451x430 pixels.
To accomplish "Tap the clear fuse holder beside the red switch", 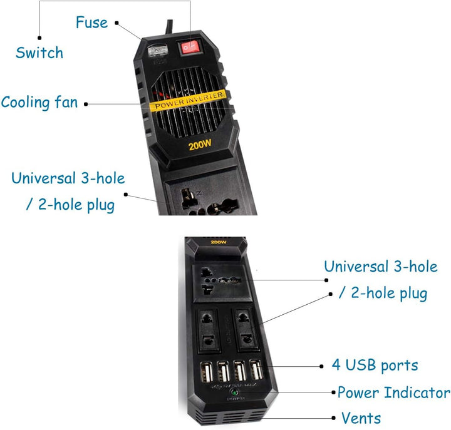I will [x=158, y=53].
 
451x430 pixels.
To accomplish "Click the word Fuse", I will [x=91, y=23].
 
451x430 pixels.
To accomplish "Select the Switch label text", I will [x=39, y=53].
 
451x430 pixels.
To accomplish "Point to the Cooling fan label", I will [x=39, y=101].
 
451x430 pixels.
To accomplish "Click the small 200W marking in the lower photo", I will [x=219, y=242].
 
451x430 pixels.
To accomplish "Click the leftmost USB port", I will [x=205, y=371].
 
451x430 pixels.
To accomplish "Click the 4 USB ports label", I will [x=375, y=366].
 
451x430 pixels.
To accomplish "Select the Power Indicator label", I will [x=393, y=393].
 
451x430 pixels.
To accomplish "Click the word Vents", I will [x=361, y=417].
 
